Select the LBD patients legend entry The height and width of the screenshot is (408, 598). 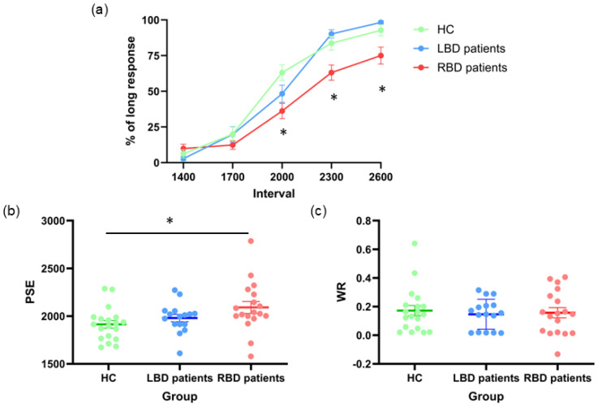click(x=459, y=49)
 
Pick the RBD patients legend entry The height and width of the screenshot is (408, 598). click(x=460, y=67)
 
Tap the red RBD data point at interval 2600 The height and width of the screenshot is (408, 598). click(x=381, y=56)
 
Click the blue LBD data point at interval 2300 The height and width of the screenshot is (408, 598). click(x=331, y=34)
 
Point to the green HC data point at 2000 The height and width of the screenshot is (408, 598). click(x=282, y=72)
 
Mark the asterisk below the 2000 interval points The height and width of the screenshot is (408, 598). click(x=283, y=132)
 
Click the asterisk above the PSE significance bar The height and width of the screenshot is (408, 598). click(x=170, y=221)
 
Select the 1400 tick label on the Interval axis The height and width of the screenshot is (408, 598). click(x=183, y=177)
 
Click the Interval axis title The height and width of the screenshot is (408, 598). click(x=273, y=193)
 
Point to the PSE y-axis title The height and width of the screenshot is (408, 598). click(x=30, y=293)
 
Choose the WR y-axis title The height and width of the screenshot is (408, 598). click(x=341, y=293)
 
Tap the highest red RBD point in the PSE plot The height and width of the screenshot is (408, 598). click(x=251, y=241)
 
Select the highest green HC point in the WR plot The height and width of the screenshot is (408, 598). click(x=415, y=243)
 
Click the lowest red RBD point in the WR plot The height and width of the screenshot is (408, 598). click(x=557, y=354)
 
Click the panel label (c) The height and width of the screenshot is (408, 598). click(x=318, y=211)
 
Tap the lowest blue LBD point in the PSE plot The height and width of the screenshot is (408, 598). click(x=179, y=354)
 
